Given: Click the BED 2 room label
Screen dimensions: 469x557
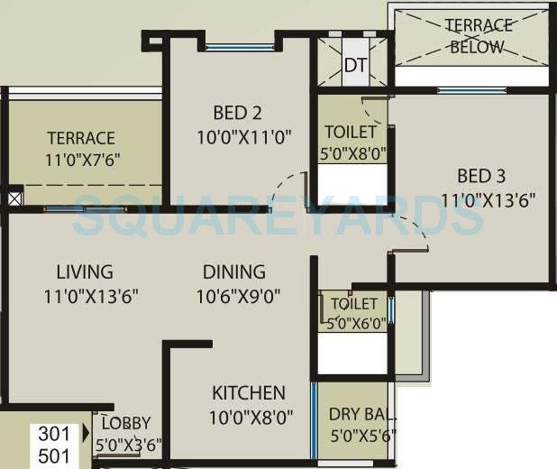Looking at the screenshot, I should pyautogui.click(x=237, y=113).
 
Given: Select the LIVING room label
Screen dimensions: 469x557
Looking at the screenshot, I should pyautogui.click(x=85, y=271).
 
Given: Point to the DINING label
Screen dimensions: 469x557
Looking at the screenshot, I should pyautogui.click(x=233, y=271).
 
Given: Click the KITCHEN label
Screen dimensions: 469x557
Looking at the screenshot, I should pyautogui.click(x=249, y=392).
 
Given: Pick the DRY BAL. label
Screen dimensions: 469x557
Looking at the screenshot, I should pyautogui.click(x=358, y=415).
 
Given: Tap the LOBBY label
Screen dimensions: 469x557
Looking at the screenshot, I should pyautogui.click(x=125, y=423).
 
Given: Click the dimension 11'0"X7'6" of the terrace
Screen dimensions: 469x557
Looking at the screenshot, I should pyautogui.click(x=82, y=161).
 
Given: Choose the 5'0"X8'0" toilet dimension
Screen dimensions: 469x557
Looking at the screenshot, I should pyautogui.click(x=353, y=153).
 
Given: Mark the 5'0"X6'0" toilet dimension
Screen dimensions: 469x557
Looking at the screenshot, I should pyautogui.click(x=353, y=322).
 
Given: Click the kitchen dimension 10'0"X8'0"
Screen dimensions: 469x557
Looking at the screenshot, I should pyautogui.click(x=249, y=417).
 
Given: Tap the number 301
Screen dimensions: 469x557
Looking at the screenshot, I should pyautogui.click(x=53, y=434).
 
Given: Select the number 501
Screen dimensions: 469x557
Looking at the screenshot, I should pyautogui.click(x=53, y=455).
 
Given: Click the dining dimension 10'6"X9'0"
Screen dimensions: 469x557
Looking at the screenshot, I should pyautogui.click(x=233, y=295).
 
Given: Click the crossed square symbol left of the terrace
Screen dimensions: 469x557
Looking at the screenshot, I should pyautogui.click(x=14, y=198).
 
